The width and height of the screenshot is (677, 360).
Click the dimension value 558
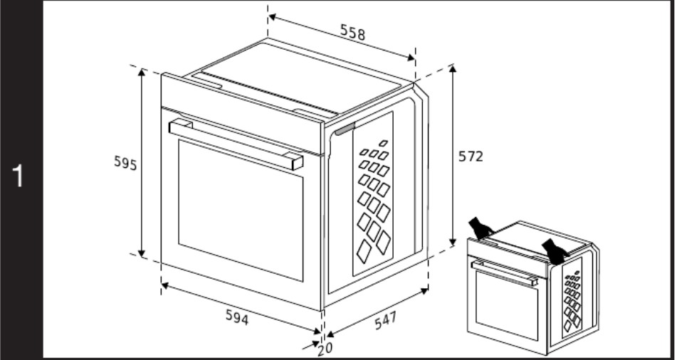pyautogui.click(x=354, y=31)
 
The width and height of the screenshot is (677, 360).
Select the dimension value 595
pyautogui.click(x=125, y=162)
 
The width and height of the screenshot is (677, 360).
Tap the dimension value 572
pyautogui.click(x=470, y=157)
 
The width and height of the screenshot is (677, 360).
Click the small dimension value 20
pyautogui.click(x=325, y=349)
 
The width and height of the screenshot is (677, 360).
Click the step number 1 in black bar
pyautogui.click(x=21, y=176)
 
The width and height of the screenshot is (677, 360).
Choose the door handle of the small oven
pyautogui.click(x=504, y=272)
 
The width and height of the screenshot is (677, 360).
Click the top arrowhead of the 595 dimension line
pyautogui.click(x=142, y=72)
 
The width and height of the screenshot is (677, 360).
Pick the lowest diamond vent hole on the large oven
pyautogui.click(x=364, y=248)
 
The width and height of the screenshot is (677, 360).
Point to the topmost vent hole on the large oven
pyautogui.click(x=383, y=143)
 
